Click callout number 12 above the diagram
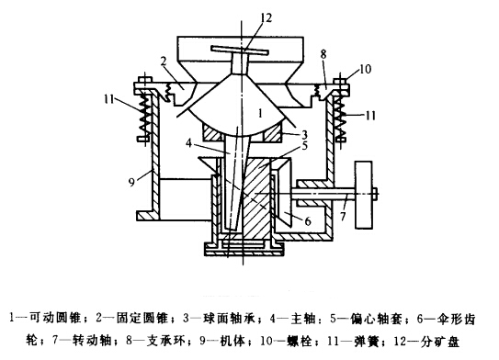(x=241, y=16)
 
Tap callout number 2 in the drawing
(x=161, y=61)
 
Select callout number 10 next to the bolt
(x=366, y=69)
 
